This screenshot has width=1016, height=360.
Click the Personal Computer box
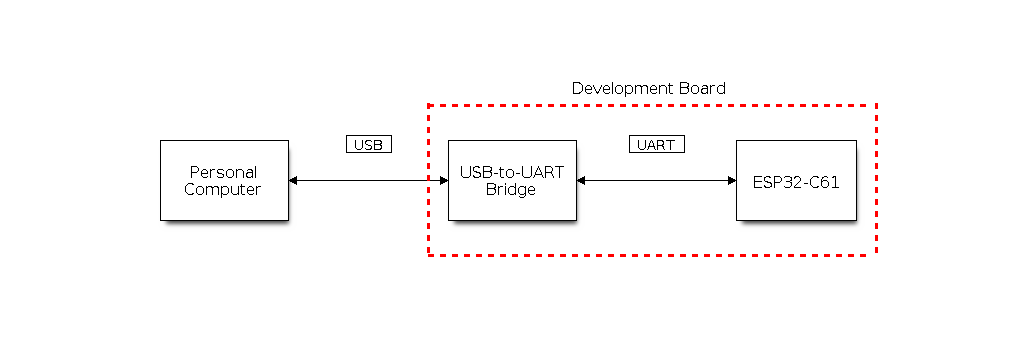click(x=224, y=181)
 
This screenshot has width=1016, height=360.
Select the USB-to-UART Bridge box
click(x=512, y=181)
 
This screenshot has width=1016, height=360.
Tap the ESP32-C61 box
click(x=796, y=181)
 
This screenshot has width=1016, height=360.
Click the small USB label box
click(x=369, y=144)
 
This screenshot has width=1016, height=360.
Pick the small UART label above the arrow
click(x=656, y=144)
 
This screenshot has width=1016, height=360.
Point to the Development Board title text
click(x=649, y=88)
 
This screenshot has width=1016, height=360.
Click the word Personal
click(x=224, y=172)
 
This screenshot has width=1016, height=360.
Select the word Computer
click(x=222, y=190)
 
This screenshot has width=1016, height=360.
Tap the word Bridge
click(x=511, y=190)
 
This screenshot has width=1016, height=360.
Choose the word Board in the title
click(x=702, y=88)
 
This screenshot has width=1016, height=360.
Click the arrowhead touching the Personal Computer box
click(x=293, y=181)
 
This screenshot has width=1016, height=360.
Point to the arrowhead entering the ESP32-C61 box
click(x=732, y=181)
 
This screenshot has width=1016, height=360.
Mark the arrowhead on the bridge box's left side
click(x=444, y=181)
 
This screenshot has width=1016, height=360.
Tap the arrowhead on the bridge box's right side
click(x=581, y=181)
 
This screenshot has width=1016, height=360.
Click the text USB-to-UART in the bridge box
click(x=512, y=172)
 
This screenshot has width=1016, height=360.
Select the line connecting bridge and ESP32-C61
click(x=656, y=181)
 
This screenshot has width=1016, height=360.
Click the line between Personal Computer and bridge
click(x=369, y=181)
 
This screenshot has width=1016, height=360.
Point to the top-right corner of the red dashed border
click(x=876, y=105)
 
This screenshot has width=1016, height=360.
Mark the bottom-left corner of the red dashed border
click(x=429, y=255)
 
